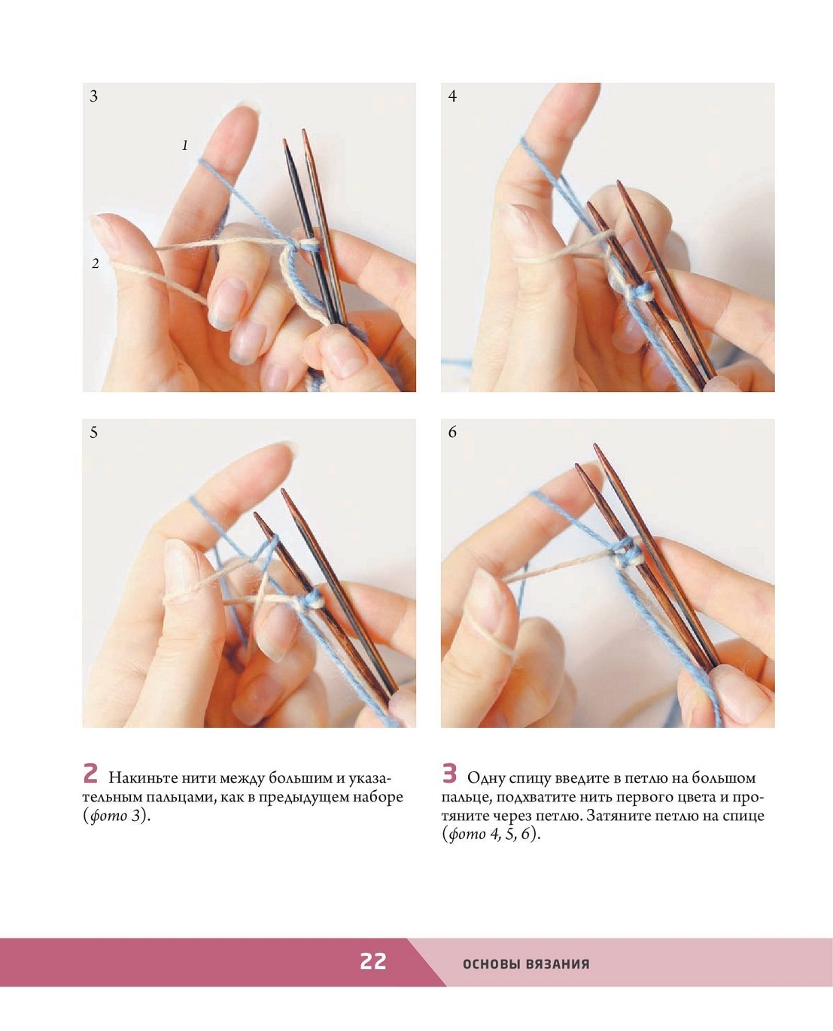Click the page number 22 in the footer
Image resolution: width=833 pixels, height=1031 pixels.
coord(372,961)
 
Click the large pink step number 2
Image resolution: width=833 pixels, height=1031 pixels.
coord(90,773)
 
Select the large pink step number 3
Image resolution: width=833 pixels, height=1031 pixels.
coord(449,773)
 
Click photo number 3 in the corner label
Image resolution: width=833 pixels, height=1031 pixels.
coord(93,96)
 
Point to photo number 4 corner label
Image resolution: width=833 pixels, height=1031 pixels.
coord(452,96)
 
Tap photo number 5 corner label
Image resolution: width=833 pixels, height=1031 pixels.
coord(93,432)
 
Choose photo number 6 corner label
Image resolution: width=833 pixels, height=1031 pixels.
coord(452,432)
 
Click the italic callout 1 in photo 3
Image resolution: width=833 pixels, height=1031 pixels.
coord(184,144)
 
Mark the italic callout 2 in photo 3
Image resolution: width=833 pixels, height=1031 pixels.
coord(96,263)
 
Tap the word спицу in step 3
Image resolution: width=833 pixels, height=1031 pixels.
coord(528,779)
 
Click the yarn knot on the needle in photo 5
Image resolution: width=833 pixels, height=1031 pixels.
coord(310,601)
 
